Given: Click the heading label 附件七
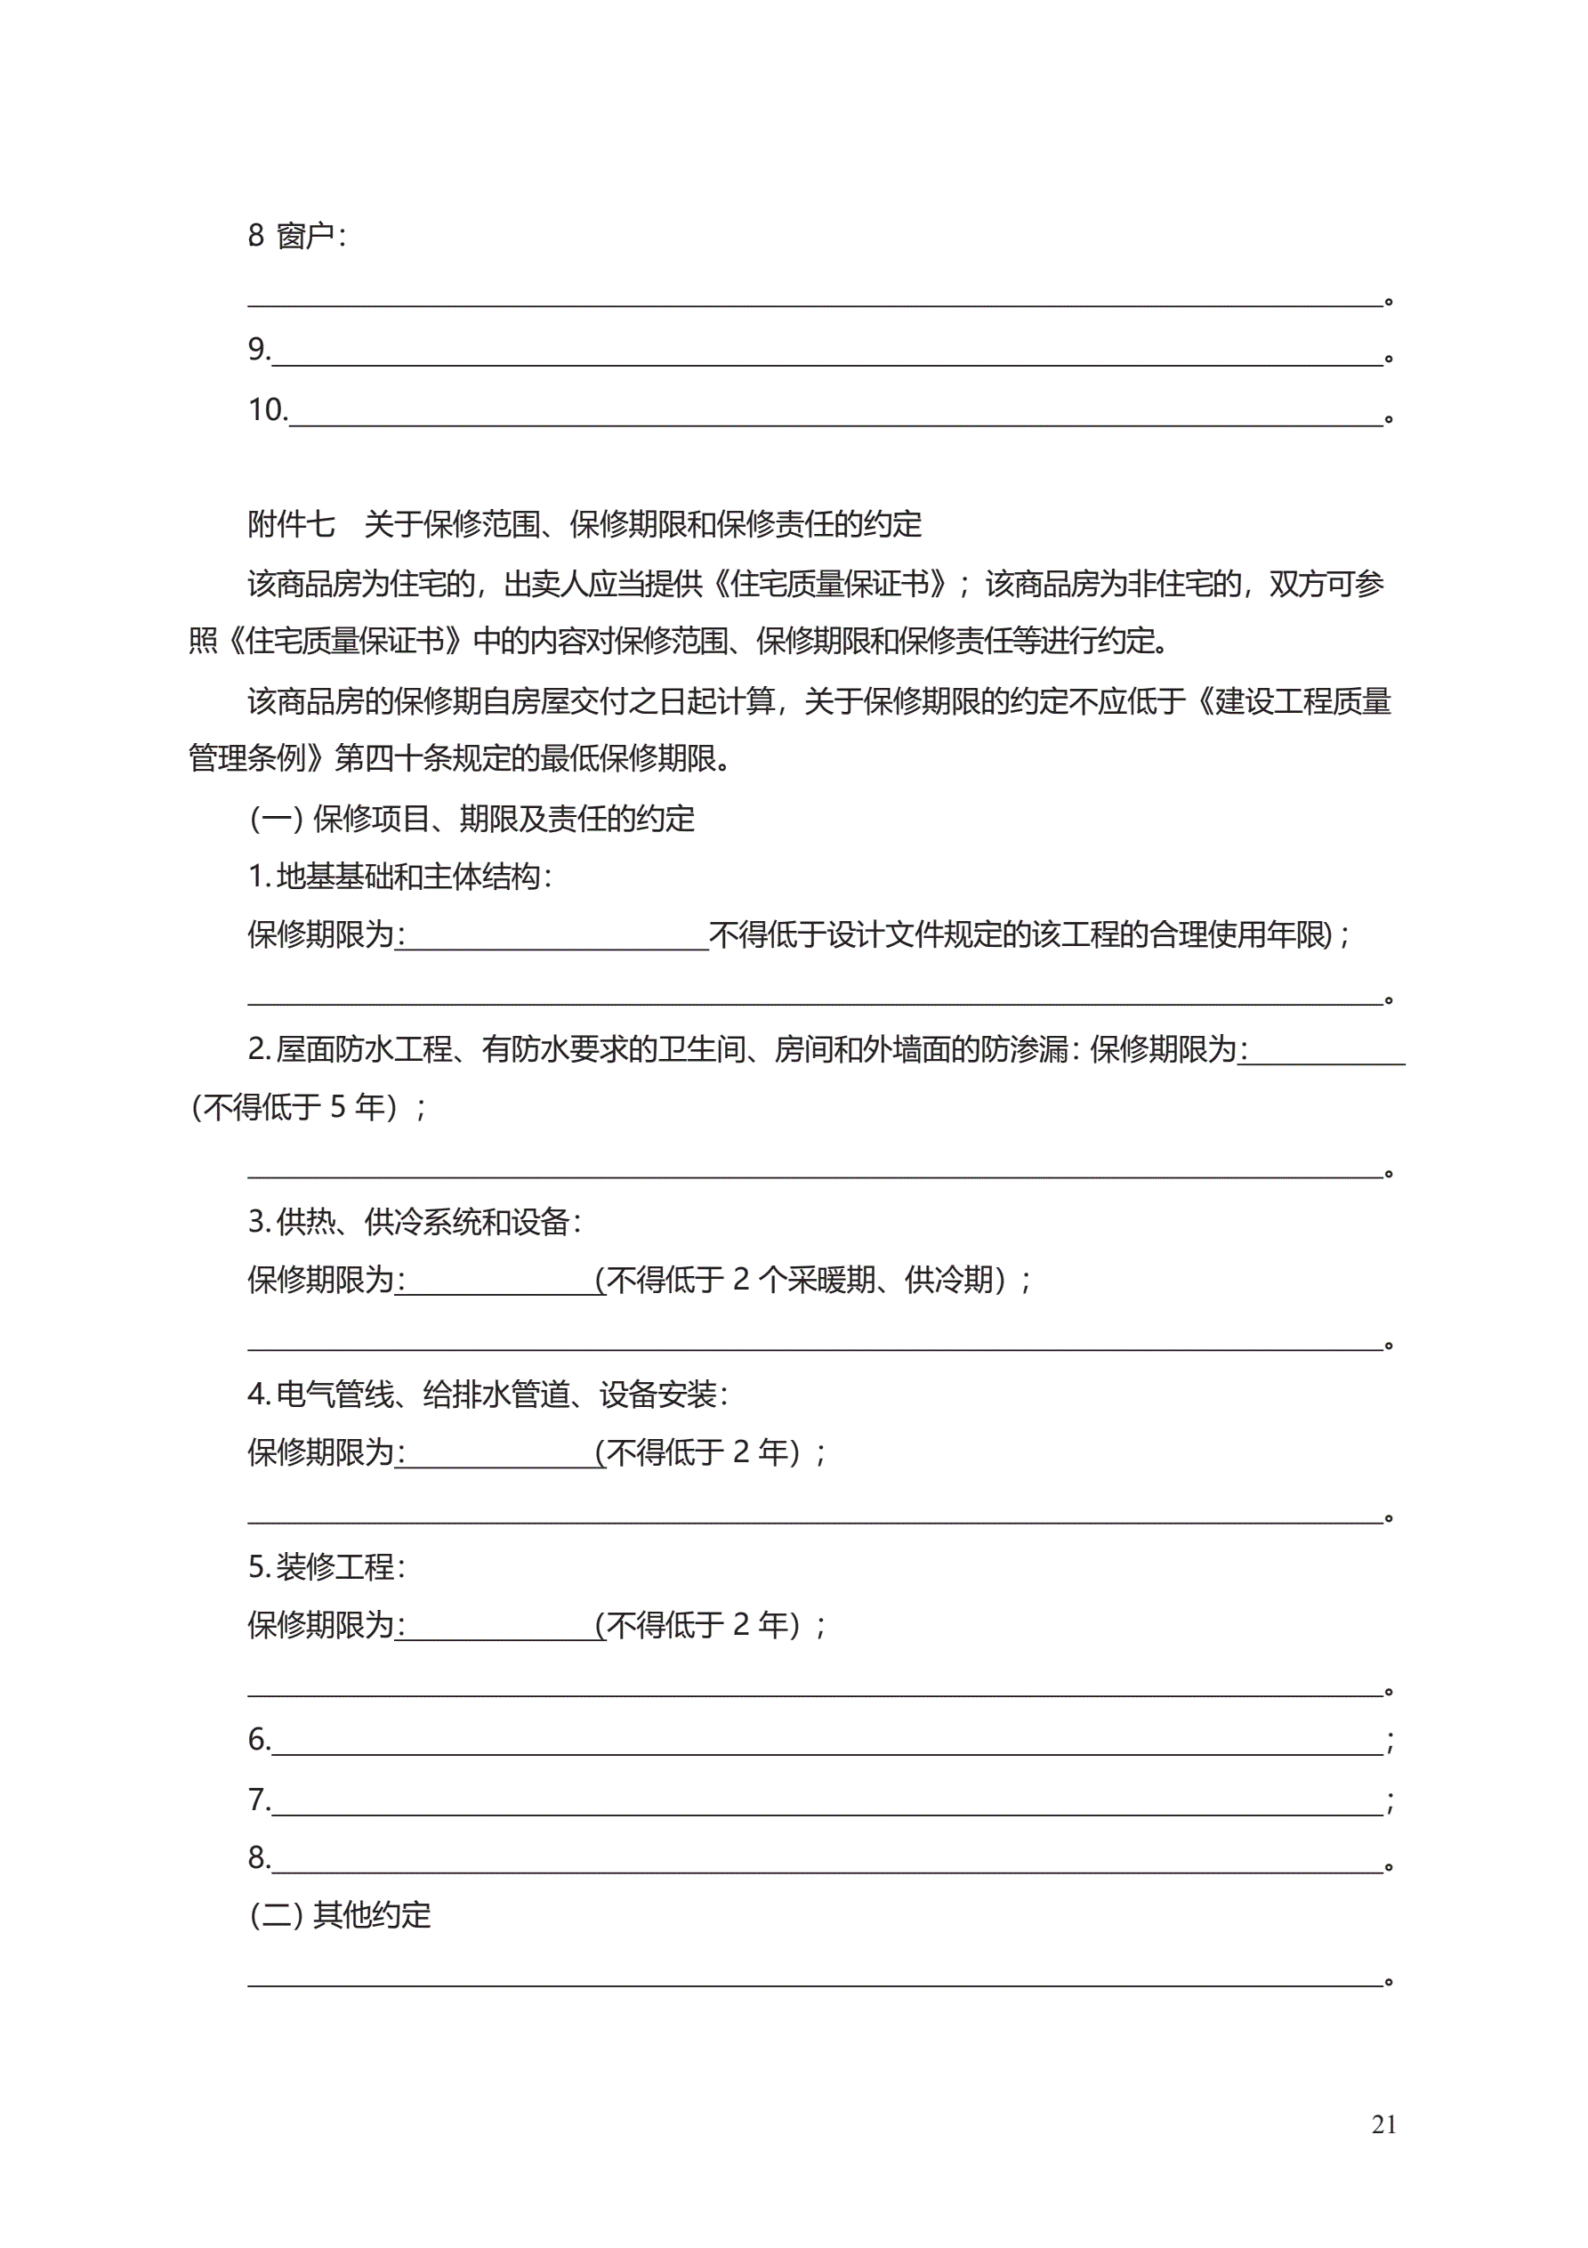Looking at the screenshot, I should pos(291,525).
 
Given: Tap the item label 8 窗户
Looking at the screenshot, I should pos(295,236).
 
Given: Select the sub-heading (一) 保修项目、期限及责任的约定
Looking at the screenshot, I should pos(472,819).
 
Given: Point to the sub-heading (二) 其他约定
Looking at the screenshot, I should pos(340,1915).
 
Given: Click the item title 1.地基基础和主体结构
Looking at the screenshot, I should pos(399,877).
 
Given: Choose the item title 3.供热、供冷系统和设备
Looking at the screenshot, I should pos(415,1222).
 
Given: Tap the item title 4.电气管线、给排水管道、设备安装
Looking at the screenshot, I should pos(488,1395).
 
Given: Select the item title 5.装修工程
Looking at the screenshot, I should pos(326,1567).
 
